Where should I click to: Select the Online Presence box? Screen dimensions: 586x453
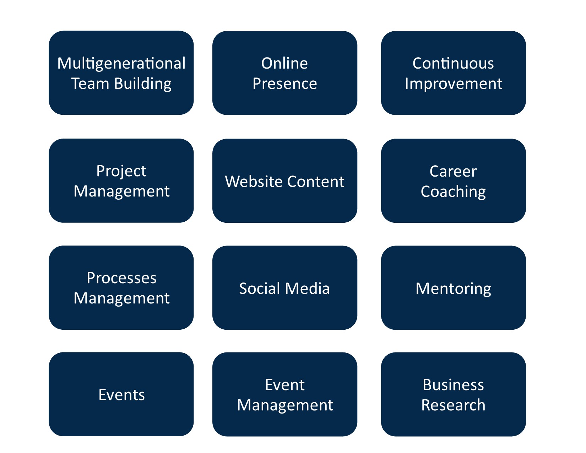285,73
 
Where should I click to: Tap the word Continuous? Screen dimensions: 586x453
453,63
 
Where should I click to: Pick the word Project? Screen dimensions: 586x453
121,172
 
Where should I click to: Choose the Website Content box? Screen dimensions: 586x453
285,181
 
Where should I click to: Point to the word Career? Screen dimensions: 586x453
453,171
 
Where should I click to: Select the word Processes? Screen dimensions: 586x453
121,278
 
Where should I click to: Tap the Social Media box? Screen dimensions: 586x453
285,287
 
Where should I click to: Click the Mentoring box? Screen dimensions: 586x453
453,287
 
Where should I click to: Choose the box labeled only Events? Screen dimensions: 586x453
121,394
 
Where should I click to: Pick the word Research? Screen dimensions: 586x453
453,405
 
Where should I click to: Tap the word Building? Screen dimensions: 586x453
143,84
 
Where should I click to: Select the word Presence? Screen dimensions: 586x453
285,83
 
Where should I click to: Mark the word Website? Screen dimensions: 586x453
254,181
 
